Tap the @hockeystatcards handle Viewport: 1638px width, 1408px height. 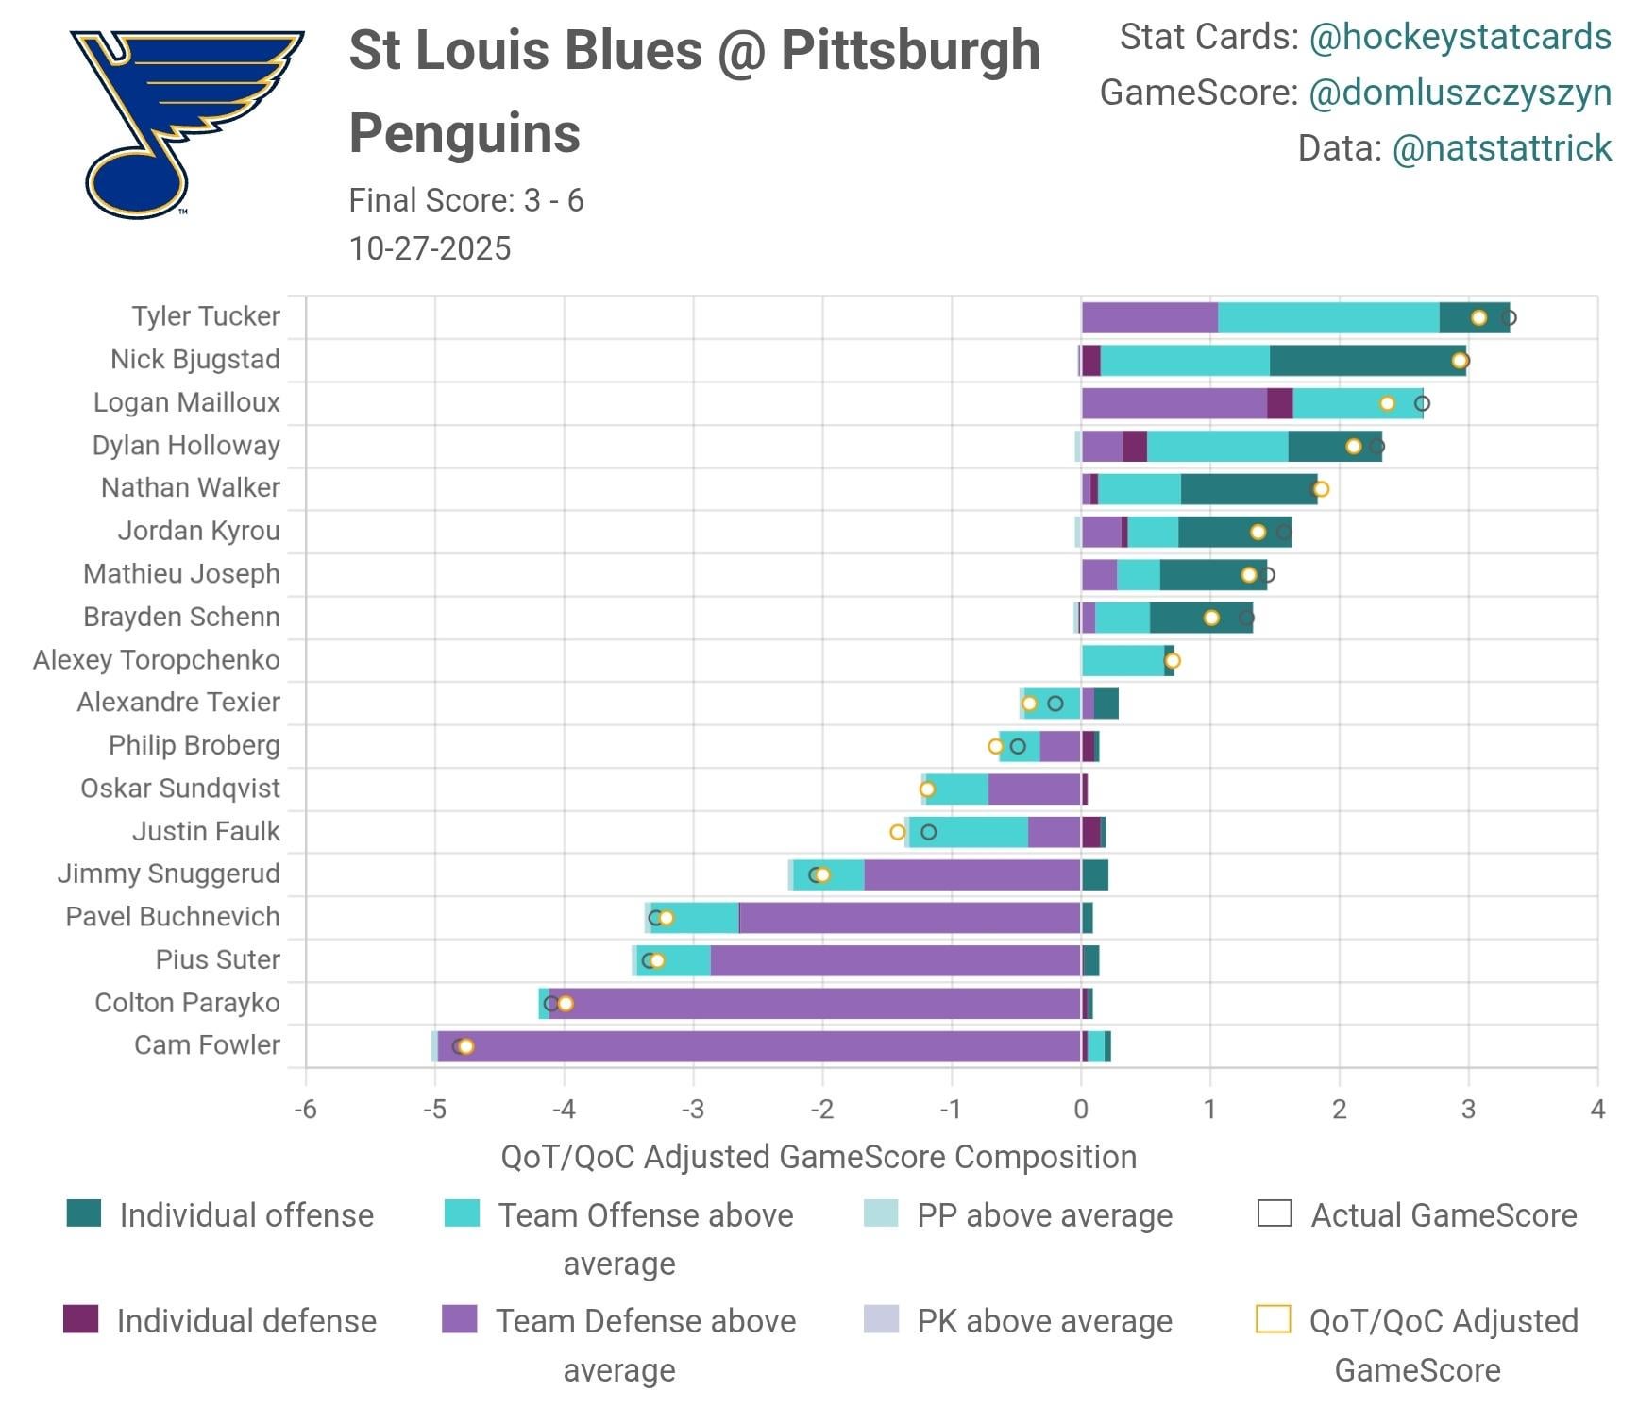pyautogui.click(x=1460, y=37)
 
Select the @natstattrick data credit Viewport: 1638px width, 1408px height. pyautogui.click(x=1501, y=148)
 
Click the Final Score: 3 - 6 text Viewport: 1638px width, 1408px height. pyautogui.click(x=465, y=200)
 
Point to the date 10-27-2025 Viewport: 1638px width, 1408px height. pyautogui.click(x=430, y=248)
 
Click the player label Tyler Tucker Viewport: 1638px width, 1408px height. pyautogui.click(x=205, y=316)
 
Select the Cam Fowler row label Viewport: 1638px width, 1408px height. pyautogui.click(x=207, y=1045)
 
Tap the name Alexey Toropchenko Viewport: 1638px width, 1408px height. pyautogui.click(x=156, y=660)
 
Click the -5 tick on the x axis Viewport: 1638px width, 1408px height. pyautogui.click(x=433, y=1110)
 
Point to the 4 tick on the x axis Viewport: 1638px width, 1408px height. pyautogui.click(x=1596, y=1110)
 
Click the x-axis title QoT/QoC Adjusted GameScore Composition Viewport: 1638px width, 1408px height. pyautogui.click(x=819, y=1157)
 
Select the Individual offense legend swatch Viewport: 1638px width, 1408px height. pyautogui.click(x=84, y=1213)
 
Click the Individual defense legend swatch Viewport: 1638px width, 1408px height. pyautogui.click(x=80, y=1319)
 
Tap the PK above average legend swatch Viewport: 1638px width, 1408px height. pyautogui.click(x=881, y=1319)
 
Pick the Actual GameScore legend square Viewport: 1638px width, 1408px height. pyautogui.click(x=1275, y=1213)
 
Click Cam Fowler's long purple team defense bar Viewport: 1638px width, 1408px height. pyautogui.click(x=755, y=1046)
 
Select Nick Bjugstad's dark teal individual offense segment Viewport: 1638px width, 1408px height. pyautogui.click(x=1366, y=361)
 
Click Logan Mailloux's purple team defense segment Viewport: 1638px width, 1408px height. pyautogui.click(x=1174, y=403)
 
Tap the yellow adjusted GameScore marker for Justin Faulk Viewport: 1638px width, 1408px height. pyautogui.click(x=898, y=832)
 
